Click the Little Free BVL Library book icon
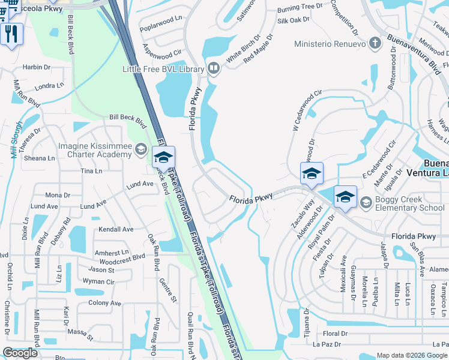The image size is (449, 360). pos(213,69)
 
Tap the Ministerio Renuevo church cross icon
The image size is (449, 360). pos(375,44)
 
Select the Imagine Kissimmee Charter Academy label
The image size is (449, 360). pos(95,150)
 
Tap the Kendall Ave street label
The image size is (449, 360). pos(116,229)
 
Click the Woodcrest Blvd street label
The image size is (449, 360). pos(122,256)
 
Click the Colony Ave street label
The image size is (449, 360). pos(105,303)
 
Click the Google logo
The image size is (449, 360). pos(20,353)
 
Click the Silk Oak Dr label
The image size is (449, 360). pos(293,20)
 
